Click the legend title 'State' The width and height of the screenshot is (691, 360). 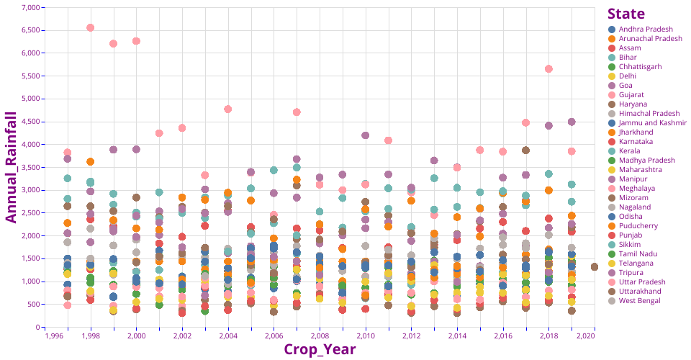[625, 14]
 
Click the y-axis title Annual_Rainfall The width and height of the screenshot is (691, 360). [12, 166]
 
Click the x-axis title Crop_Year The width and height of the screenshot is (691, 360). [319, 349]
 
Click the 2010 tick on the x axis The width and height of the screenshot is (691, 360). [366, 336]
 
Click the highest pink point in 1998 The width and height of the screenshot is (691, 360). [91, 27]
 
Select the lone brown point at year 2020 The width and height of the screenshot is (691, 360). [595, 266]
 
